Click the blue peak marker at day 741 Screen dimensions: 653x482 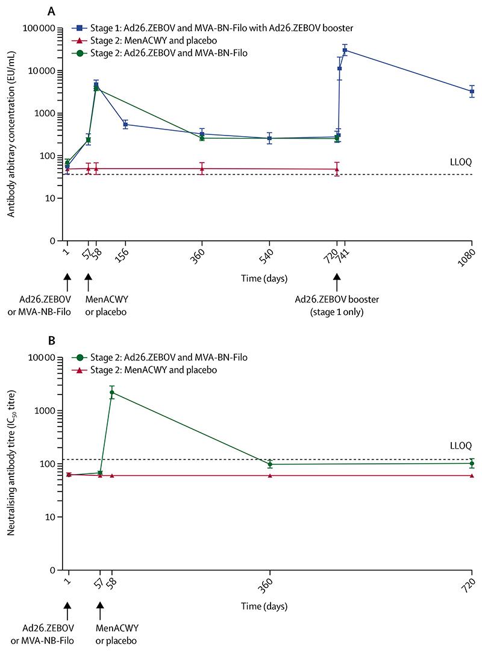click(345, 50)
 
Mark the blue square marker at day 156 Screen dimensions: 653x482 click(125, 125)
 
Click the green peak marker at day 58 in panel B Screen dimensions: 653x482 click(111, 393)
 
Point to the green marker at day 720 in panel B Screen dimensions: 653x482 click(471, 463)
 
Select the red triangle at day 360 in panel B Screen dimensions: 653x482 click(270, 476)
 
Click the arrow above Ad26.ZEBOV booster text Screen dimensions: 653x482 click(337, 280)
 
